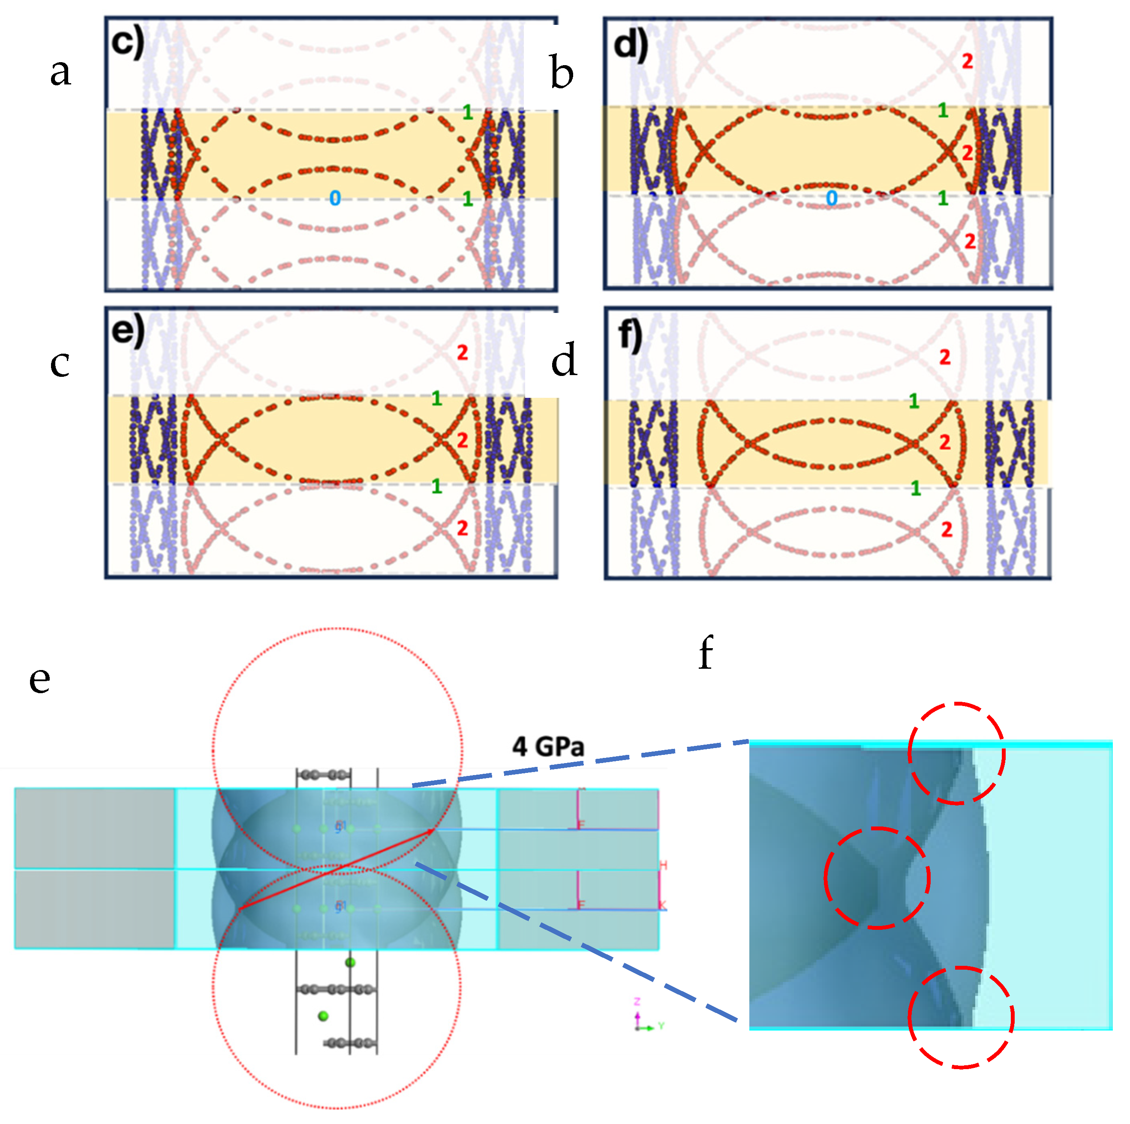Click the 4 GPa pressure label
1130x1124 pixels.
(x=548, y=747)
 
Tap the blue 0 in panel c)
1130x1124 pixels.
(x=334, y=198)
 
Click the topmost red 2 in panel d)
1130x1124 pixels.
(x=968, y=61)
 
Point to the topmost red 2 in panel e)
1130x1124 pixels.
(x=462, y=353)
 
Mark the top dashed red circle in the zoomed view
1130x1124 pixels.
(x=956, y=753)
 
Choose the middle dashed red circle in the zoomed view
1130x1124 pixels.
(x=877, y=878)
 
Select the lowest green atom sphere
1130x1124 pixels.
(x=323, y=1016)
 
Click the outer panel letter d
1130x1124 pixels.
(x=564, y=360)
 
